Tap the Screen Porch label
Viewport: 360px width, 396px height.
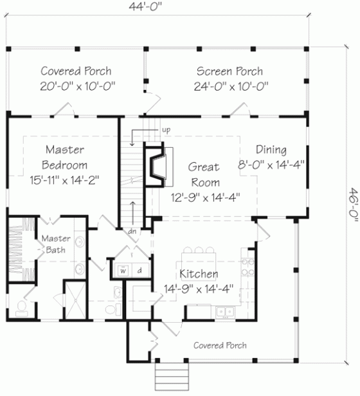click(230, 71)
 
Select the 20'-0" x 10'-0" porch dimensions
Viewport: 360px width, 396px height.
click(75, 86)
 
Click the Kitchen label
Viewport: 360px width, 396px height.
click(198, 274)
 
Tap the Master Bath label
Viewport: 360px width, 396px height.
click(57, 244)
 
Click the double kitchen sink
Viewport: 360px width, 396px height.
click(224, 312)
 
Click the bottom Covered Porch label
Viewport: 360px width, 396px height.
click(220, 345)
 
